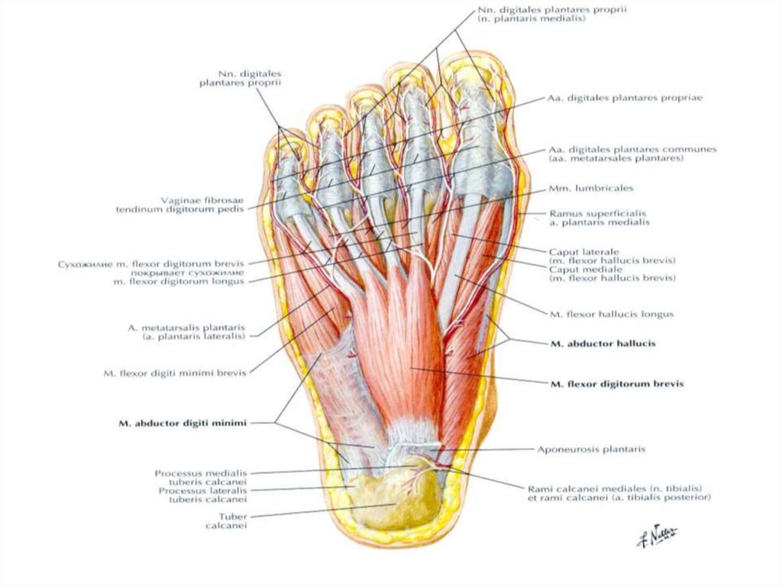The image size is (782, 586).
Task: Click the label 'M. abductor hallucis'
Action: pos(602,344)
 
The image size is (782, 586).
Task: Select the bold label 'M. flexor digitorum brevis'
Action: pos(616,384)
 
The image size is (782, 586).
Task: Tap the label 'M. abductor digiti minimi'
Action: pos(182,422)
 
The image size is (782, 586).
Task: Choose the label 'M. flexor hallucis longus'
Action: pos(611,313)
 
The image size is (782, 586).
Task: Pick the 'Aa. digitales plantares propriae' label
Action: pos(625,99)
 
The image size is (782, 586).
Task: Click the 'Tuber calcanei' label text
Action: pos(227,520)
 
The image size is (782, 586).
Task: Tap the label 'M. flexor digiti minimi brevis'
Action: pos(175,374)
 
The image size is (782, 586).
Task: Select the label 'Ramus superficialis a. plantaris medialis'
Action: pos(599,218)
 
